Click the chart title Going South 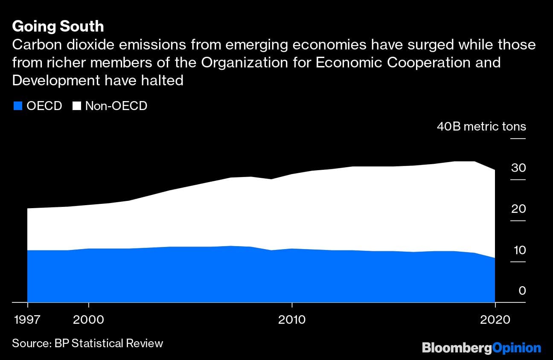coord(58,26)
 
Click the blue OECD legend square coord(17,106)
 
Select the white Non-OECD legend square coord(77,106)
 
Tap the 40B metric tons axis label coord(481,127)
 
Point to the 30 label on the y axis coord(518,168)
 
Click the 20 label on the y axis coord(518,209)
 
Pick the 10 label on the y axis coord(519,250)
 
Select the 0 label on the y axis coord(522,291)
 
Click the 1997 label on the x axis coord(28,319)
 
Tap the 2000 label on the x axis coord(88,319)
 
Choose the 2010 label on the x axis coord(292,319)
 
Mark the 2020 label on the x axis coord(495,319)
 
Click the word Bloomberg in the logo coord(457,348)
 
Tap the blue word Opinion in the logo coord(516,348)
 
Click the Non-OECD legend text coord(116,106)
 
